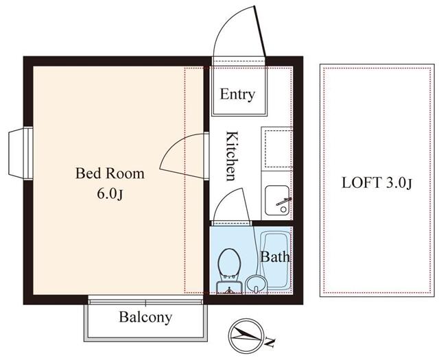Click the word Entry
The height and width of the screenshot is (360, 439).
point(237,95)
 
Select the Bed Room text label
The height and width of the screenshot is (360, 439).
point(110,173)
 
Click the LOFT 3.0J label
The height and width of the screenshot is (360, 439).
point(377,183)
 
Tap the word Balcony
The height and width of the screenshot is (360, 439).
point(145,317)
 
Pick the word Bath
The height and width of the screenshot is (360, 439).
point(275,258)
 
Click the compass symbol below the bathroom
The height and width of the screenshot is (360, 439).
point(245,335)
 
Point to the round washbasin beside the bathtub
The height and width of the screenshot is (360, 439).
point(255,284)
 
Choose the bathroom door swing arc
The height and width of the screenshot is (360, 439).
point(230,207)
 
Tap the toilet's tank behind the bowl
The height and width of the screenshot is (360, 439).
point(228,286)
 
